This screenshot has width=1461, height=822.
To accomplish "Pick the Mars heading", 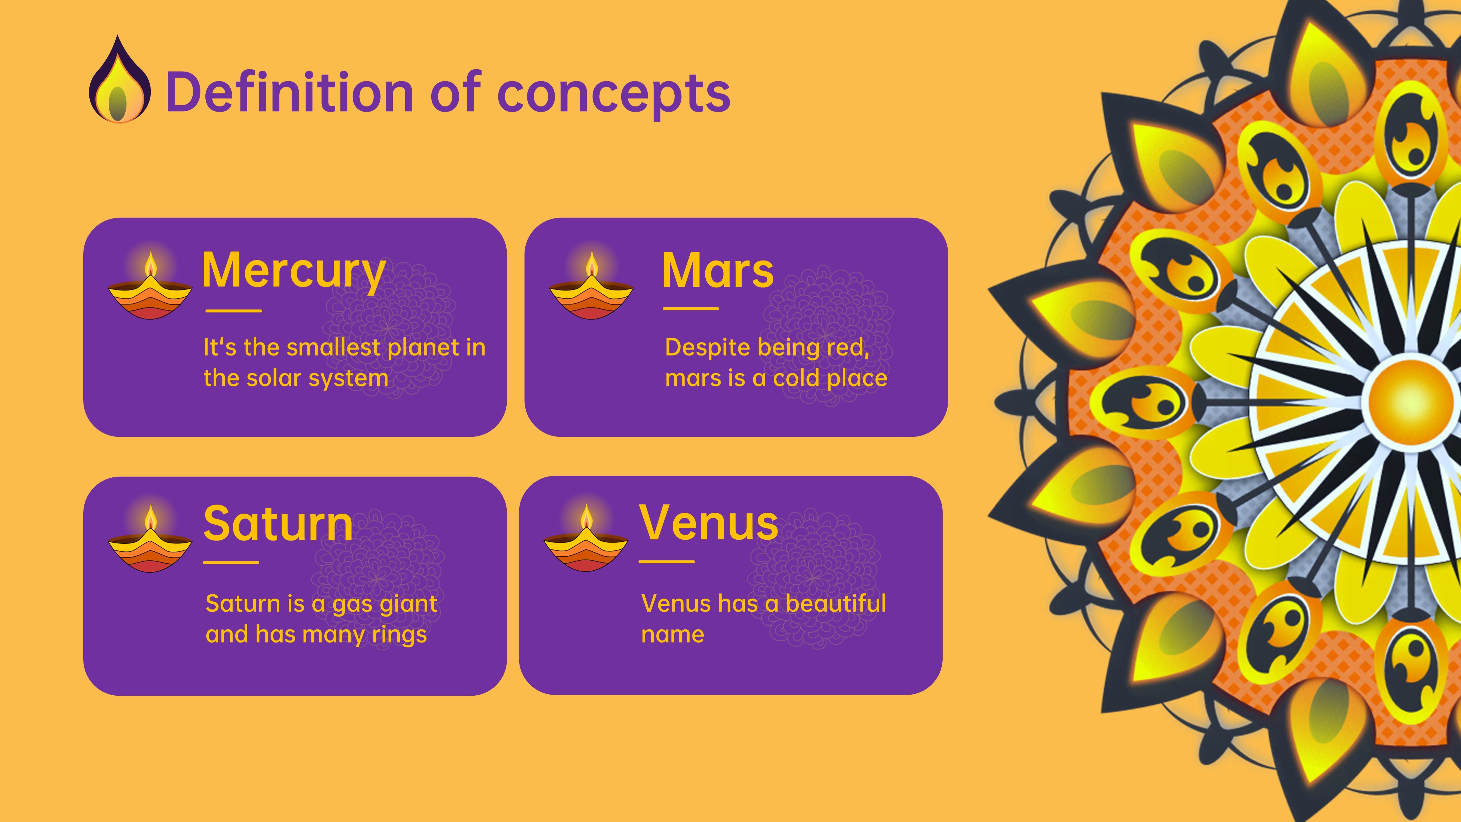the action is pos(717,271).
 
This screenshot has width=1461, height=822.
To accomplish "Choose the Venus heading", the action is pos(708,522).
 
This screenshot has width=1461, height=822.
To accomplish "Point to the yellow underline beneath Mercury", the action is pos(233,311).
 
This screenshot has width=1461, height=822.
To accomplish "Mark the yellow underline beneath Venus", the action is pos(667,562).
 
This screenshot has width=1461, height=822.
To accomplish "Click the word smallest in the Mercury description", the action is pos(333,347).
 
